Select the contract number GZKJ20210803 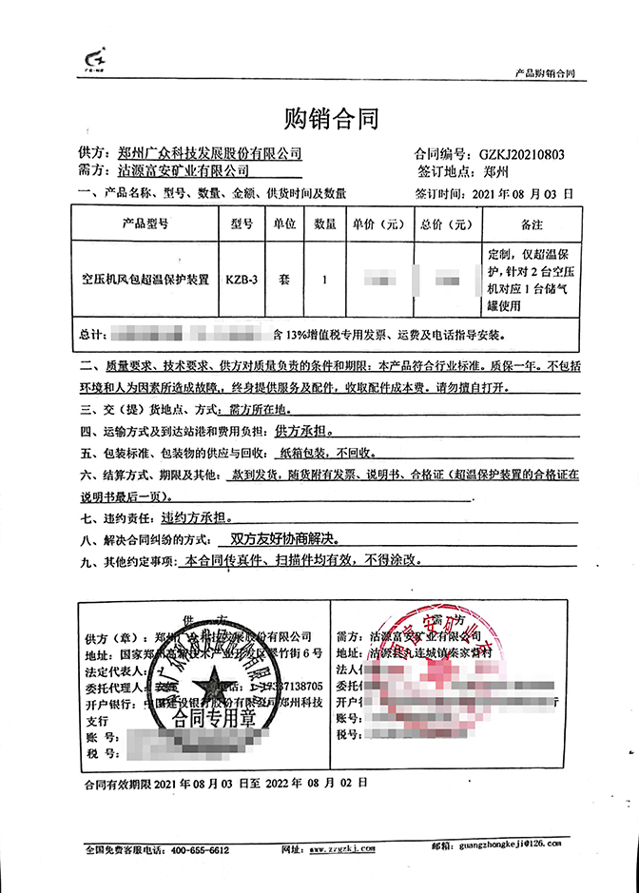522,153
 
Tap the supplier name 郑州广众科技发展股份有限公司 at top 210,153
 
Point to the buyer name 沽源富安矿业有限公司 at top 184,171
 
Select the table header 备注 532,225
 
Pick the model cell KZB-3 242,281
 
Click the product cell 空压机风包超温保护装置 145,281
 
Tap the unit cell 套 283,281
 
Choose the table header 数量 324,225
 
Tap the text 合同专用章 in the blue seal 206,718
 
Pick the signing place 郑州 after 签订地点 496,172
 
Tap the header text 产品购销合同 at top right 545,72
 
